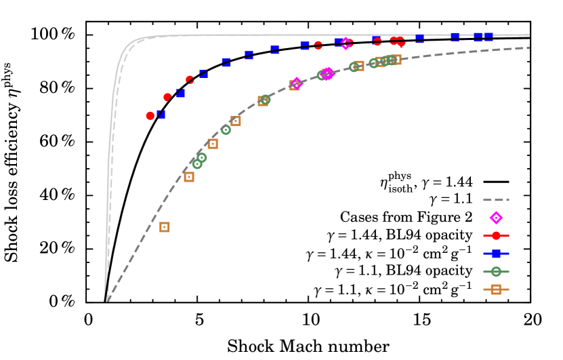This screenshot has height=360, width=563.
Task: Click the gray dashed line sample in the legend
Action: click(496, 200)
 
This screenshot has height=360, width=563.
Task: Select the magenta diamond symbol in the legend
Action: click(496, 218)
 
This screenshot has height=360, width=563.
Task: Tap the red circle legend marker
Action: click(496, 236)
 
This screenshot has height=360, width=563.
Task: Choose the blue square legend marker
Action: click(496, 254)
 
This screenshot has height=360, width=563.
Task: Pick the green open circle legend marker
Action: click(496, 271)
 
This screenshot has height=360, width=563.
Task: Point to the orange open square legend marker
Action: click(496, 289)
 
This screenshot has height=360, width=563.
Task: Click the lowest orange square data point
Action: click(165, 227)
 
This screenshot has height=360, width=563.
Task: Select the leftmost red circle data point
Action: click(150, 116)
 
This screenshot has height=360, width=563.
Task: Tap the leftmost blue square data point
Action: click(161, 114)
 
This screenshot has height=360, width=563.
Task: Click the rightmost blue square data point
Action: click(488, 37)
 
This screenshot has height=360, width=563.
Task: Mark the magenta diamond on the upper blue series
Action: click(346, 43)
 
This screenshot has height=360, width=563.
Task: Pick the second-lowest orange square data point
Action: click(189, 177)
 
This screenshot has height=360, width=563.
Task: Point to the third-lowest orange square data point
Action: click(213, 144)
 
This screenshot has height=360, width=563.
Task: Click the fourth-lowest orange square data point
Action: click(236, 121)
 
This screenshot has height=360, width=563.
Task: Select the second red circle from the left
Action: click(167, 97)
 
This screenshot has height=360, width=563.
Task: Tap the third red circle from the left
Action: click(190, 80)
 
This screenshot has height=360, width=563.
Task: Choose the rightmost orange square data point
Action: click(396, 60)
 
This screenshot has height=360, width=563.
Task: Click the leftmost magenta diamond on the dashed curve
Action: click(296, 83)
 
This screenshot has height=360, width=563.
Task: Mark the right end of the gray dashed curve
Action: click(528, 47)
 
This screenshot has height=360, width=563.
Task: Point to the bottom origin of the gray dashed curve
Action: click(108, 300)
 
